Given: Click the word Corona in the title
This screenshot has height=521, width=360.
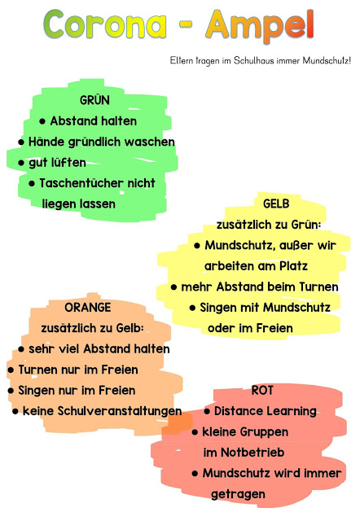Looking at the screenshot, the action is point(105,24).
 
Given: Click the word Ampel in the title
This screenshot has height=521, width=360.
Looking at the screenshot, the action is point(260,26).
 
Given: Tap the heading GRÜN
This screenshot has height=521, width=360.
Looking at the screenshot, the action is point(94,99).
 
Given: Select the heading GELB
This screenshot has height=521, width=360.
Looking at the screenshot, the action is point(276,204).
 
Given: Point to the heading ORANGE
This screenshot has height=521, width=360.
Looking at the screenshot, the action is point(88,308).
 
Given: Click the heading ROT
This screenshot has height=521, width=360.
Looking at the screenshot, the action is point(262,390).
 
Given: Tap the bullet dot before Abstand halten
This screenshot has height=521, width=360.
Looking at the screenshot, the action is point(42,121).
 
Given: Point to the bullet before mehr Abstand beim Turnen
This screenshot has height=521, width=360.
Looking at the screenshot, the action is point(173,287).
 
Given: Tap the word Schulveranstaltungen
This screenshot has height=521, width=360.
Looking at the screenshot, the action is point(120,411).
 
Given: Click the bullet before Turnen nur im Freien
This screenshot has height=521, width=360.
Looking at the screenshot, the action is point(11,370).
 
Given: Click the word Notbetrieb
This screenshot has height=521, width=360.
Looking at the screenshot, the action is point(252,453).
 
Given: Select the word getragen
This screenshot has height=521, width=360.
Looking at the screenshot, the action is point(238,494).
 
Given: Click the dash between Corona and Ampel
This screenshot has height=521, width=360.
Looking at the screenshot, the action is point(187,25).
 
